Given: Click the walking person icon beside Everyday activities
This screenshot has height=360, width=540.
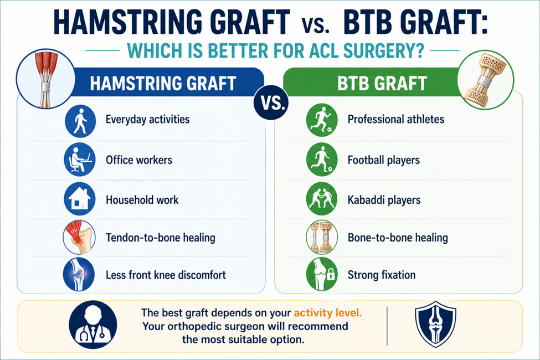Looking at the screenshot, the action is click(80, 121).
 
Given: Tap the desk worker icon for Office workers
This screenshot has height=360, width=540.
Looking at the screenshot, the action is click(80, 160).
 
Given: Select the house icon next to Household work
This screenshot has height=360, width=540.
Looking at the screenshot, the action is click(80, 199).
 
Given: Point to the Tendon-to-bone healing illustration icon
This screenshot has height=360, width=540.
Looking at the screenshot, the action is click(79, 238).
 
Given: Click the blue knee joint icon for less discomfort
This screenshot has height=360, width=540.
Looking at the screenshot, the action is click(79, 275).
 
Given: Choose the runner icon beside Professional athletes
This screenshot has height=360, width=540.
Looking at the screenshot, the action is click(322, 120).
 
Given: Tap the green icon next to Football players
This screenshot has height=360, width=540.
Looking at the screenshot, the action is click(322, 160).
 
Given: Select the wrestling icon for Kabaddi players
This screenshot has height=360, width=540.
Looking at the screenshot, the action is click(322, 199).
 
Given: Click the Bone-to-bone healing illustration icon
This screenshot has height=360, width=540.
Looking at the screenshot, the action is click(322, 238).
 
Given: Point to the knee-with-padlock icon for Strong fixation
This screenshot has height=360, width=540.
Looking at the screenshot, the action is click(322, 275).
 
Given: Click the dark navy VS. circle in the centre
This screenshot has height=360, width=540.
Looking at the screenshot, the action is click(271, 102).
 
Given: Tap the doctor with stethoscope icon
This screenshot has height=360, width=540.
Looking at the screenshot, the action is click(93, 325).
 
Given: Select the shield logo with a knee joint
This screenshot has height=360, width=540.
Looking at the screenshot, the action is click(436, 325).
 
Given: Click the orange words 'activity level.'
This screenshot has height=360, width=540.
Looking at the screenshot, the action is click(327, 313).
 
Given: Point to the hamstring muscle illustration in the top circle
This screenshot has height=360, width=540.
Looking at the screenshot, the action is click(45, 79).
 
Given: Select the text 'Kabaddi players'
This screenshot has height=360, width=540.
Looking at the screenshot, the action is click(384, 200).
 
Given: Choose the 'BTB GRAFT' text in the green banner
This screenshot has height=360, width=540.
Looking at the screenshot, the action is click(382, 84).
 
